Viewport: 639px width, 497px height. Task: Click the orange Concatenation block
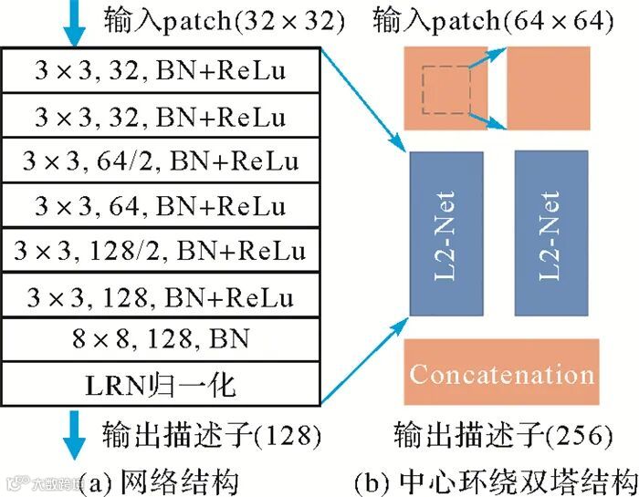pyautogui.click(x=501, y=372)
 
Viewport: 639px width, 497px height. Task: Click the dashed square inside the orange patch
pyautogui.click(x=445, y=91)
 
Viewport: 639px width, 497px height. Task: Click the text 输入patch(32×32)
pyautogui.click(x=224, y=19)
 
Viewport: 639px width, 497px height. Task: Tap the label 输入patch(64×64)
pyautogui.click(x=493, y=19)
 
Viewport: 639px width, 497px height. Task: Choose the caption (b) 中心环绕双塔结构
pyautogui.click(x=495, y=480)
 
